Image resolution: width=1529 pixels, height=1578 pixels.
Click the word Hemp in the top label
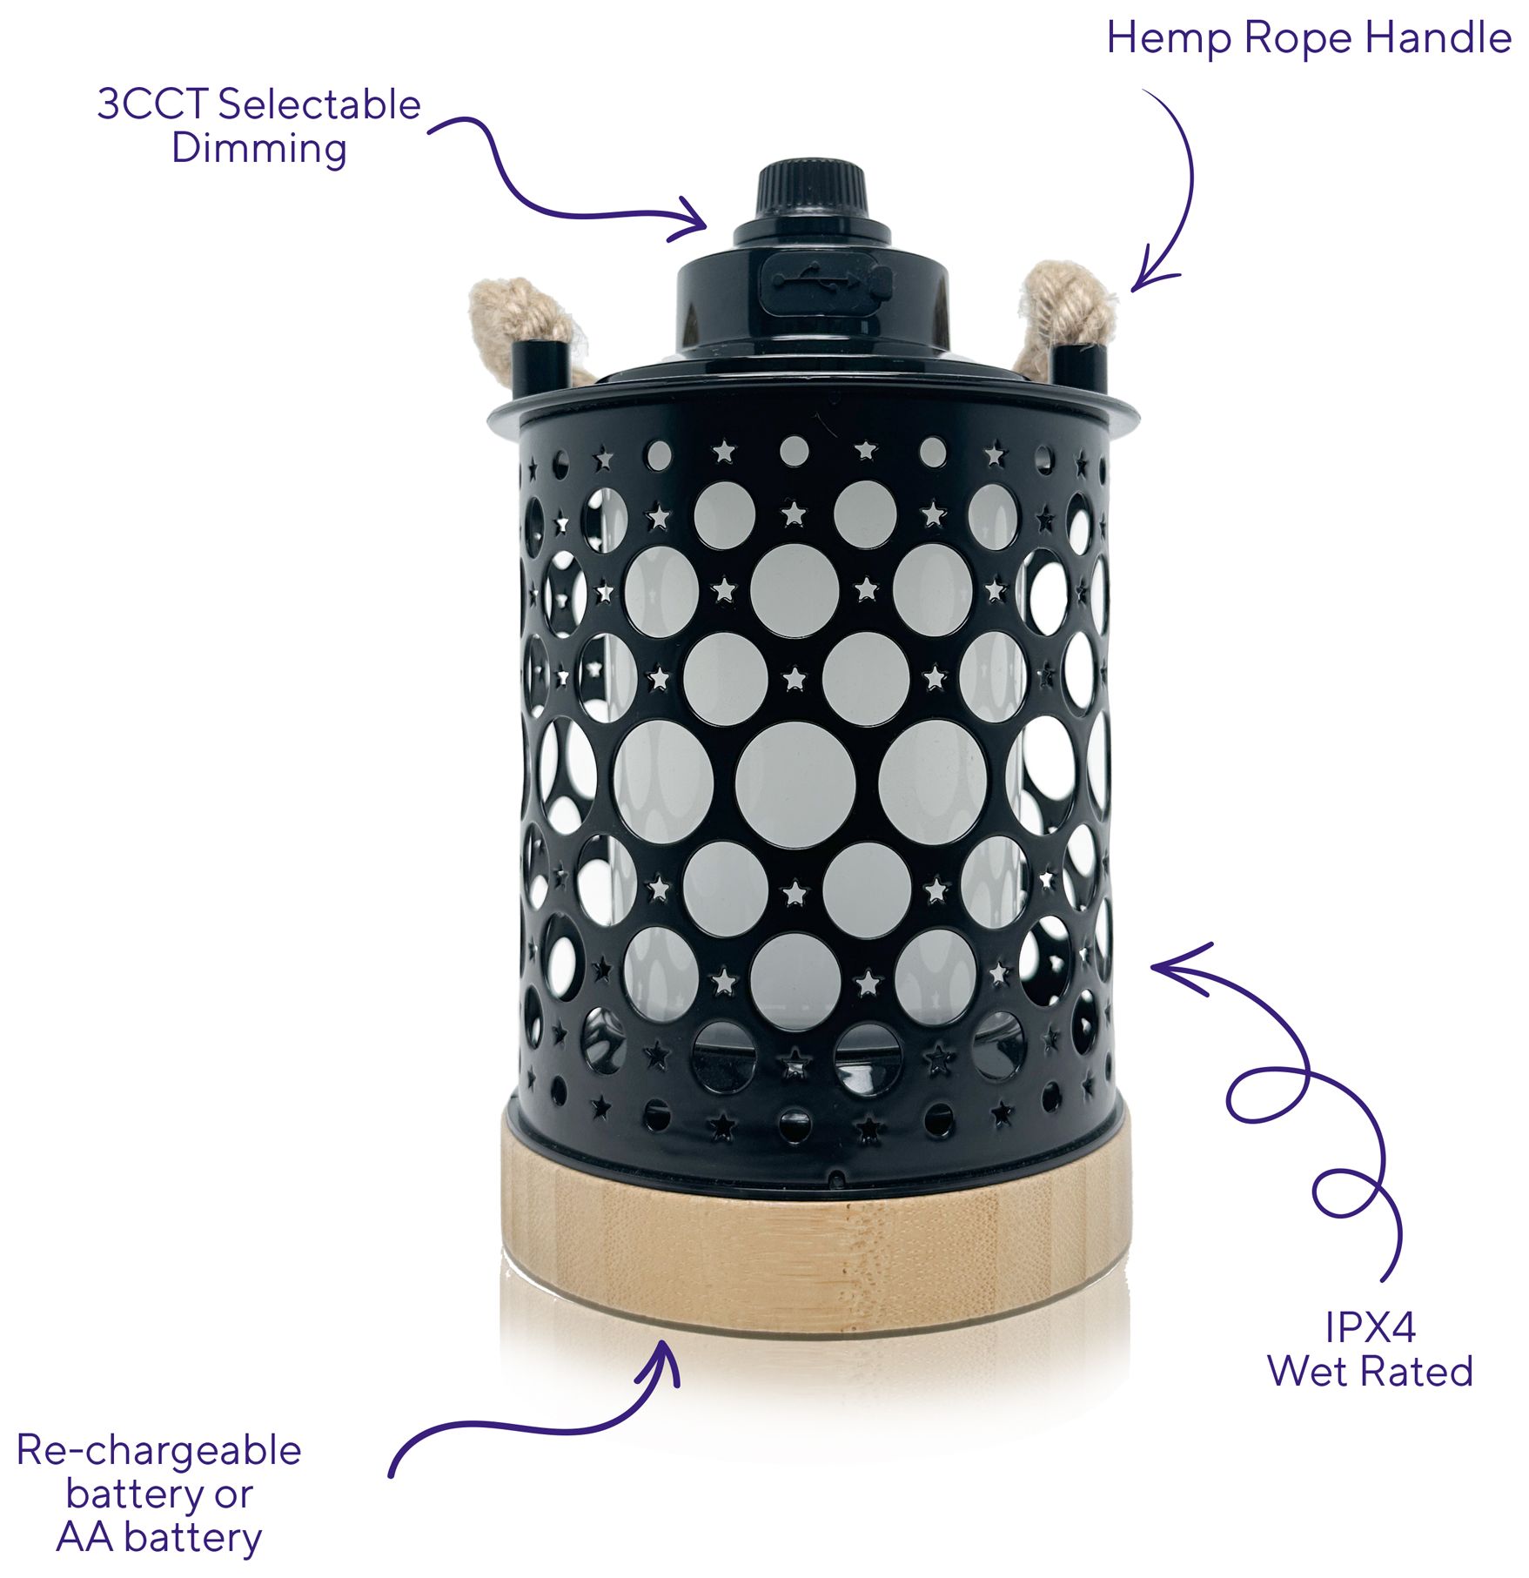[x=1169, y=39]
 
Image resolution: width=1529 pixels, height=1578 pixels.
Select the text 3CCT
[x=151, y=104]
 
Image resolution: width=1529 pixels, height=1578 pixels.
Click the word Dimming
[x=259, y=148]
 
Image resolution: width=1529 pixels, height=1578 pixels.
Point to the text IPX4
[x=1370, y=1328]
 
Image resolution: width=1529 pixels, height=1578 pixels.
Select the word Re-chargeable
[x=159, y=1451]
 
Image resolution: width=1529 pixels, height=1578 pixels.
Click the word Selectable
[x=319, y=104]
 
